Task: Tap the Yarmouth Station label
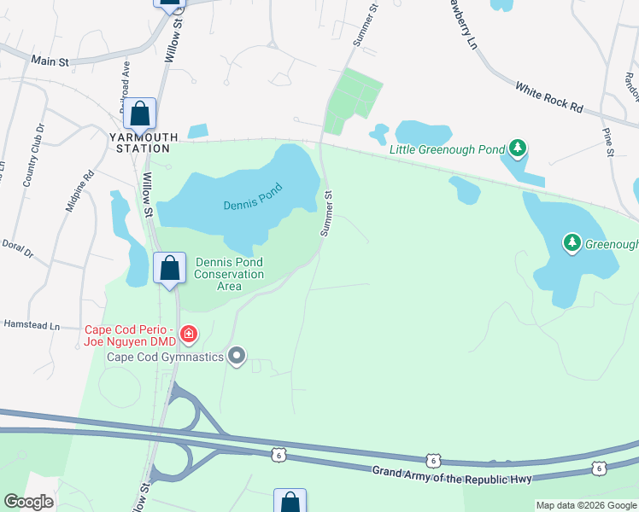pyautogui.click(x=144, y=142)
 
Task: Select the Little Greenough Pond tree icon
pyautogui.click(x=517, y=148)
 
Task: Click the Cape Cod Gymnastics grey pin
pyautogui.click(x=237, y=357)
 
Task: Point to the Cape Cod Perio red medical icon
pyautogui.click(x=189, y=334)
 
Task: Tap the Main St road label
pyautogui.click(x=50, y=61)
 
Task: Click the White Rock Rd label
pyautogui.click(x=548, y=97)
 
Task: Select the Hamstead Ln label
pyautogui.click(x=31, y=325)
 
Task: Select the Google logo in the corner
pyautogui.click(x=28, y=502)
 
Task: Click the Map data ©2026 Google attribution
pyautogui.click(x=586, y=505)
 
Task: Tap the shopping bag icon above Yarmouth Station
pyautogui.click(x=139, y=113)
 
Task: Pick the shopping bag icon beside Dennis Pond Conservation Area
pyautogui.click(x=170, y=267)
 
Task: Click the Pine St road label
pyautogui.click(x=607, y=142)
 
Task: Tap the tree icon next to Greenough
pyautogui.click(x=572, y=243)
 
